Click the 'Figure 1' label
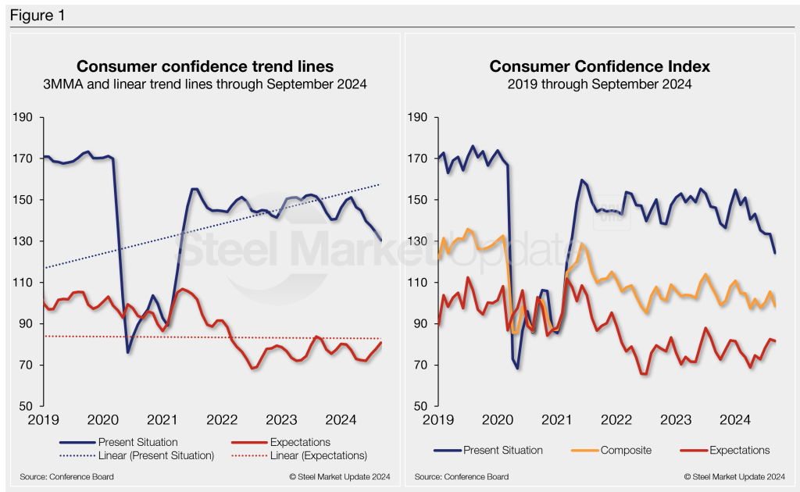(x=37, y=15)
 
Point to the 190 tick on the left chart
(x=24, y=117)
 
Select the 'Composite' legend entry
(x=626, y=450)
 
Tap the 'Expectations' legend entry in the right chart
(x=739, y=450)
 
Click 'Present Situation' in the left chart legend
(x=137, y=443)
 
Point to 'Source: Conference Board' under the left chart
(x=63, y=476)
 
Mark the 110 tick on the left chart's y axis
(x=24, y=283)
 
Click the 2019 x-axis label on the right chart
(x=438, y=421)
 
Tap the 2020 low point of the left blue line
(x=128, y=352)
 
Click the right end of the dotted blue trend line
(x=380, y=184)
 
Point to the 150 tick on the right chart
(x=418, y=200)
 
